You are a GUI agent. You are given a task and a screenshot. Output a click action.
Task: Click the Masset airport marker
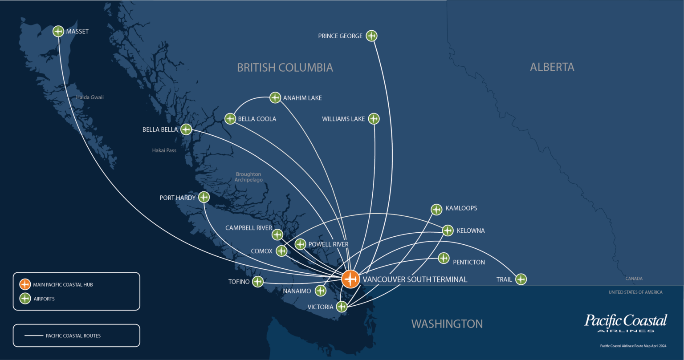tap(58, 32)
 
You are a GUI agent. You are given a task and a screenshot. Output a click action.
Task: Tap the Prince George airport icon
tap(371, 36)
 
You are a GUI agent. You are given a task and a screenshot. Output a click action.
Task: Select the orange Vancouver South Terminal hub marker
tap(351, 279)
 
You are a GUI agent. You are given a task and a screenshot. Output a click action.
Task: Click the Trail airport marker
tap(521, 279)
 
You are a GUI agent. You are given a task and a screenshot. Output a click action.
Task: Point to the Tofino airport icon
tap(258, 281)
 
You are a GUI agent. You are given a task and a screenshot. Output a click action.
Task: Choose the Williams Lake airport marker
tap(374, 119)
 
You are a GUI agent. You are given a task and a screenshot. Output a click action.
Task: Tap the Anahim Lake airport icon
tap(276, 97)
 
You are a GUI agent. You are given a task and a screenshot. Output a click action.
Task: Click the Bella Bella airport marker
tap(186, 129)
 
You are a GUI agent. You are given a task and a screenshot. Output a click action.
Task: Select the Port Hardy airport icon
tap(204, 197)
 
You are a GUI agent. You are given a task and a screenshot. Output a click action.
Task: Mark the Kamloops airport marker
tap(436, 209)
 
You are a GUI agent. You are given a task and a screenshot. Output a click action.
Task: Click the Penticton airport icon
tap(444, 258)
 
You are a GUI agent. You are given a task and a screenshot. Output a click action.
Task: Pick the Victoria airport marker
tap(342, 306)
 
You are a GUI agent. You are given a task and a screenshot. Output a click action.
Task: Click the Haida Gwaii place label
tap(90, 97)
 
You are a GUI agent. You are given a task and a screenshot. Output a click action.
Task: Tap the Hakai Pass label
tap(164, 150)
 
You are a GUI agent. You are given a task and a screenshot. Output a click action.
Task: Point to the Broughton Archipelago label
tap(248, 177)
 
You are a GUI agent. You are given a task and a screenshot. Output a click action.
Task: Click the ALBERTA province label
tap(552, 67)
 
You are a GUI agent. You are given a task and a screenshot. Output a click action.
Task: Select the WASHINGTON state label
tap(447, 324)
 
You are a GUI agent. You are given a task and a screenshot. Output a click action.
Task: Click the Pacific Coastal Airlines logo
tap(626, 323)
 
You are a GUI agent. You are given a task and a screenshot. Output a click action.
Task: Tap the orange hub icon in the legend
tap(25, 284)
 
